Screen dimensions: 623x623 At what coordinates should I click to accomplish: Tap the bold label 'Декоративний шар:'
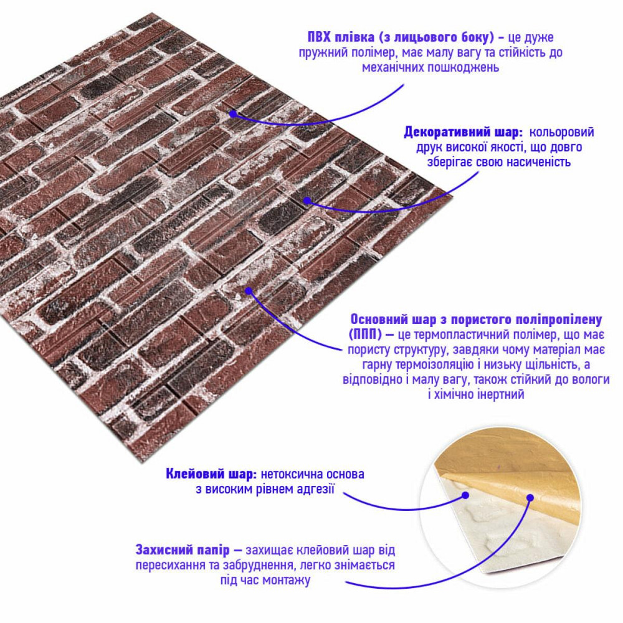point(463,133)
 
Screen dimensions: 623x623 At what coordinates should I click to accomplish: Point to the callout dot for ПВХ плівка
point(232,113)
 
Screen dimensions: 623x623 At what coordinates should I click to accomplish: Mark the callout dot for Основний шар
point(248,290)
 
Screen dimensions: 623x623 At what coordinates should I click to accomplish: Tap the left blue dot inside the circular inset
point(465,496)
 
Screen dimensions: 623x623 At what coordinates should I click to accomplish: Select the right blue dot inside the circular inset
point(530,498)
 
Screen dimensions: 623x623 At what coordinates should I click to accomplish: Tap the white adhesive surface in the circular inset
point(492,536)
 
